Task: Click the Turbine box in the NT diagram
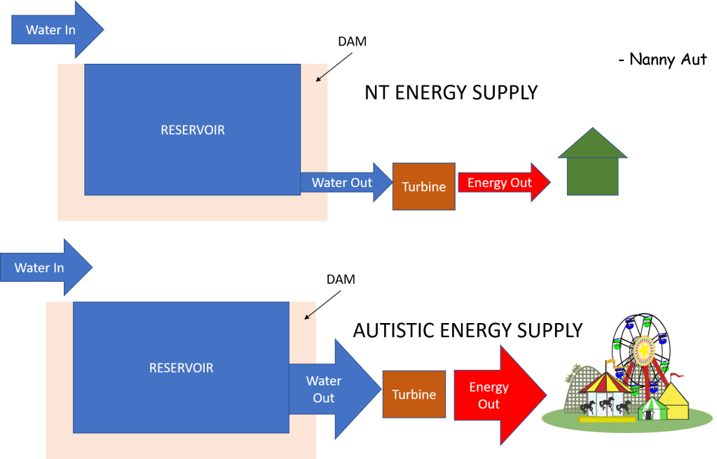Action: [x=423, y=186]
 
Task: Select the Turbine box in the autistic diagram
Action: [x=414, y=395]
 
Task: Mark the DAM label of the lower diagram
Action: [x=341, y=279]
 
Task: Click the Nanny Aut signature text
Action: [x=663, y=60]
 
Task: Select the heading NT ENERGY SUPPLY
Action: [x=451, y=93]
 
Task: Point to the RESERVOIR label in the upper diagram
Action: [x=193, y=130]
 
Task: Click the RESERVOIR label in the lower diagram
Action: [x=181, y=367]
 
